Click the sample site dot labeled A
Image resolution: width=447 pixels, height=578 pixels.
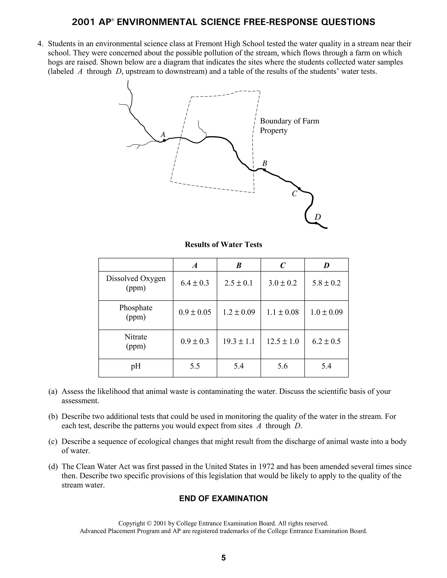(164, 140)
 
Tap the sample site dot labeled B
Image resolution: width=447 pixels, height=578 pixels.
(264, 170)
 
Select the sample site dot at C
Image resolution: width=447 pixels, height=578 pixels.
(299, 188)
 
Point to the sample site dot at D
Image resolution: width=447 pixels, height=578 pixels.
(316, 223)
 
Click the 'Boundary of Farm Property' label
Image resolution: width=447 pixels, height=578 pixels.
(289, 126)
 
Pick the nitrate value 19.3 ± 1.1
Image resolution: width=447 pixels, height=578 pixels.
(239, 341)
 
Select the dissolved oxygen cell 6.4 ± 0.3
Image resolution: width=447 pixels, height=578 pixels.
(195, 283)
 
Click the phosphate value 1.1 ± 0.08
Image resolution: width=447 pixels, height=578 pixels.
(283, 312)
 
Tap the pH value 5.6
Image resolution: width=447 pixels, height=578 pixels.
(283, 366)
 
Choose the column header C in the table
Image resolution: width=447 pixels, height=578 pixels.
(283, 265)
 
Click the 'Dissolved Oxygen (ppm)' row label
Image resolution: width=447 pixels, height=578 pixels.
(136, 283)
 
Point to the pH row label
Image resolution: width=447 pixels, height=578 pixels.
(136, 366)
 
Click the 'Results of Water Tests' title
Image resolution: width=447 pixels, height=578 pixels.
(223, 245)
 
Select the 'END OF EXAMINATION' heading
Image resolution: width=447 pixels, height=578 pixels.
(223, 498)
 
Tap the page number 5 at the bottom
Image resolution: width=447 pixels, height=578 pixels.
(223, 558)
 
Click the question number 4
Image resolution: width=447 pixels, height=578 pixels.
(40, 44)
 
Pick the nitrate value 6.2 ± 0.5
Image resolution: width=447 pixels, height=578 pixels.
(326, 341)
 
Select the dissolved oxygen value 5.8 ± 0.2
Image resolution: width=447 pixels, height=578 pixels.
(326, 283)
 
